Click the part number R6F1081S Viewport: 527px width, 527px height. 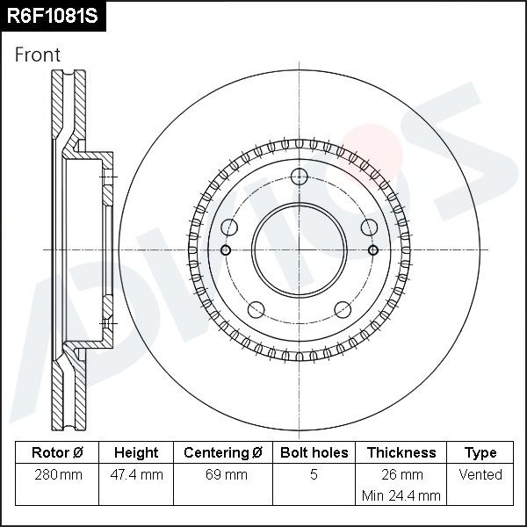pyautogui.click(x=53, y=16)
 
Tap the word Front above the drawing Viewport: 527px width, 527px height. pyautogui.click(x=38, y=54)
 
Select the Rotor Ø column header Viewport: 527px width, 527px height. pyautogui.click(x=57, y=452)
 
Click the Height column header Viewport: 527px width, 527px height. pyautogui.click(x=136, y=452)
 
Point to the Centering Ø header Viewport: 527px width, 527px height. pyautogui.click(x=223, y=452)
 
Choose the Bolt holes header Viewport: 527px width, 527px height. pyautogui.click(x=314, y=452)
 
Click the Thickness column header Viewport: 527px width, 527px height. pyautogui.click(x=401, y=452)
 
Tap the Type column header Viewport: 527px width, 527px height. pyautogui.click(x=480, y=453)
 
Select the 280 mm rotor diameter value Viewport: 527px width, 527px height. pyautogui.click(x=58, y=475)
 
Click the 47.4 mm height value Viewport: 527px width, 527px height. pyautogui.click(x=136, y=475)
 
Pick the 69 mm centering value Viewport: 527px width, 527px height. pyautogui.click(x=227, y=475)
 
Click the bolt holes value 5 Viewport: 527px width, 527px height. pyautogui.click(x=314, y=474)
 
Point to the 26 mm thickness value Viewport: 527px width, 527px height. pyautogui.click(x=402, y=475)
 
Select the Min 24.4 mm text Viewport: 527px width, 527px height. pyautogui.click(x=401, y=495)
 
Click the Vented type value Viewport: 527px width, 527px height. pyautogui.click(x=480, y=474)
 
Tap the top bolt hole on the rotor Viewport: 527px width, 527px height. pyautogui.click(x=300, y=177)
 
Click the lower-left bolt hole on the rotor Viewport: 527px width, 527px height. pyautogui.click(x=256, y=309)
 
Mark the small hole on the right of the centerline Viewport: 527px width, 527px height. pyautogui.click(x=373, y=250)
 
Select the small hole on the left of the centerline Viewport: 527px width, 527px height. pyautogui.click(x=226, y=250)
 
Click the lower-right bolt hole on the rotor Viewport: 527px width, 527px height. pyautogui.click(x=343, y=309)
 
